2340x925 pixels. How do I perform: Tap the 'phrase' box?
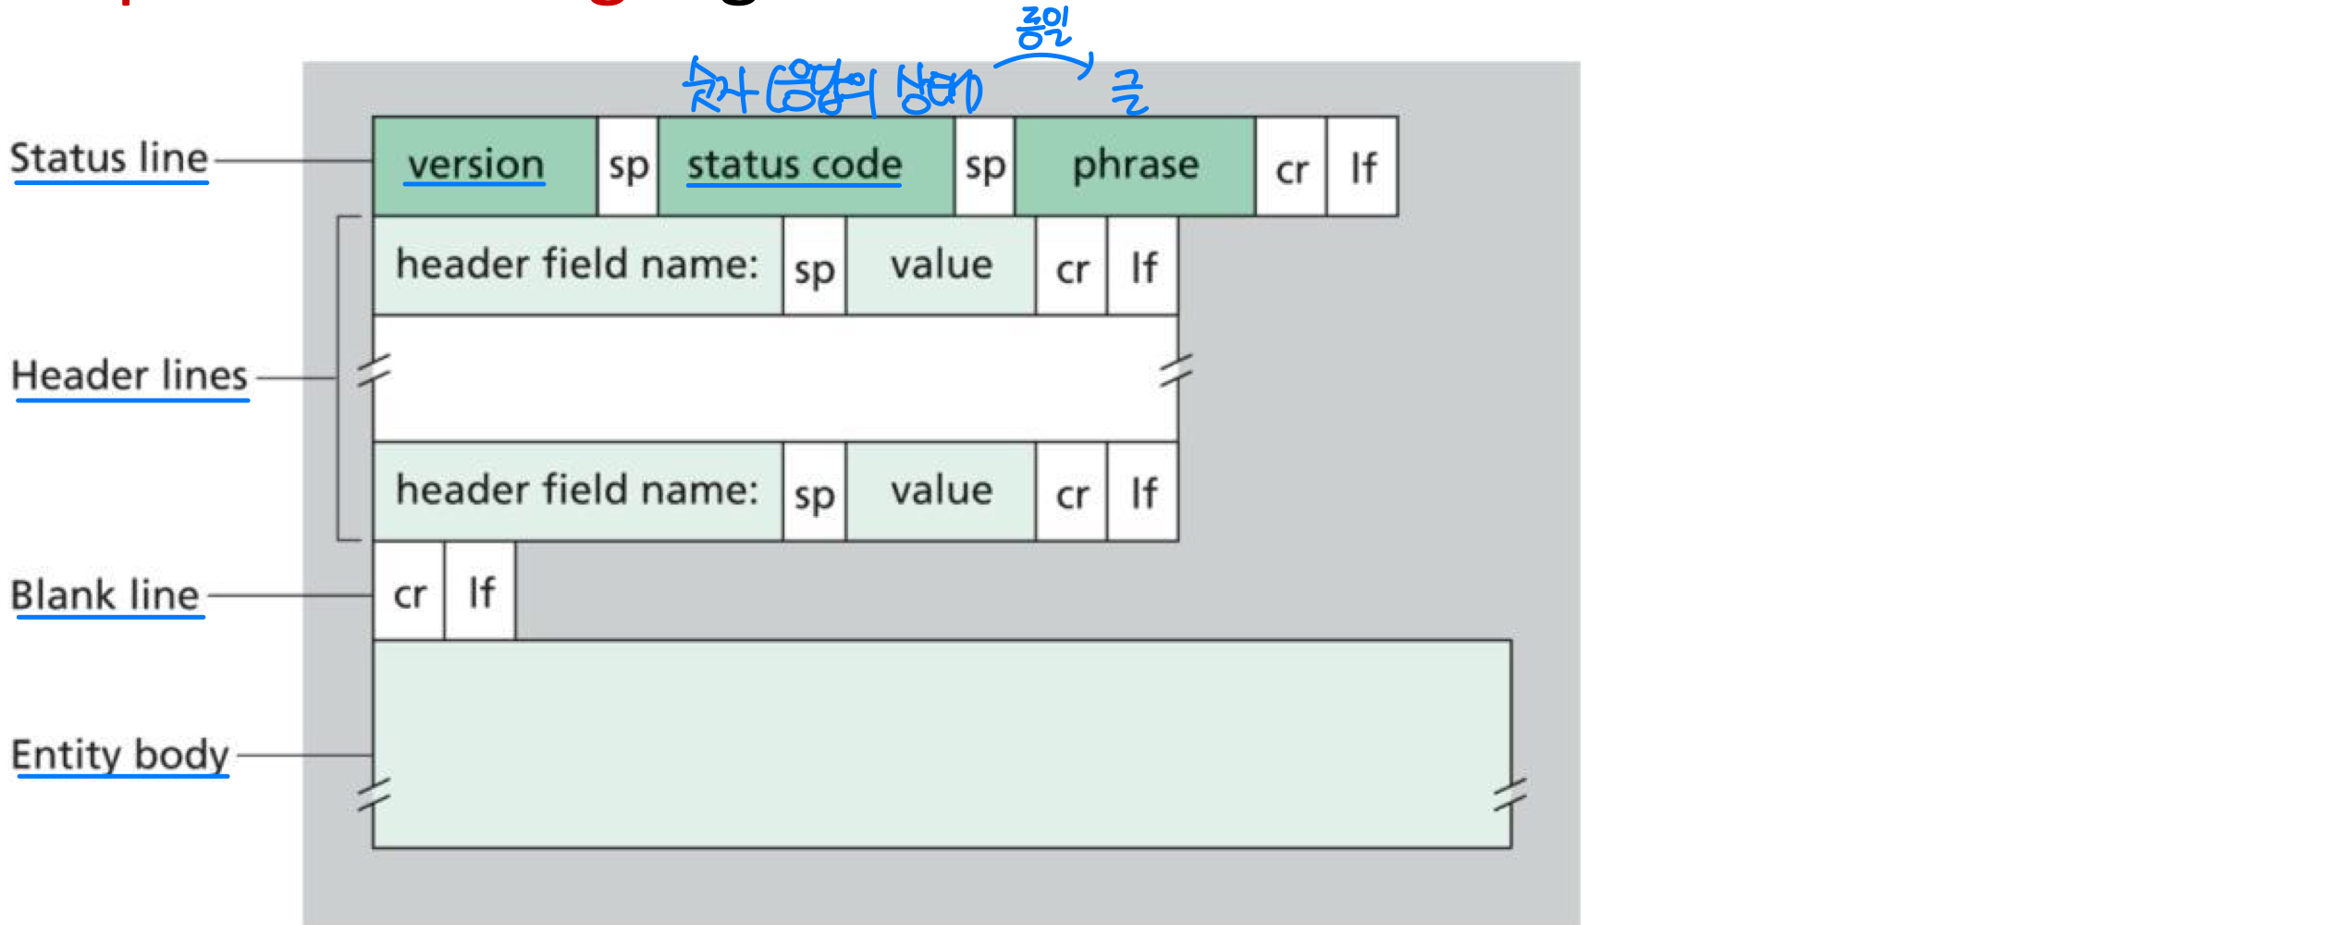[1135, 166]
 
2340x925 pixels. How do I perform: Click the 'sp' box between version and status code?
[628, 166]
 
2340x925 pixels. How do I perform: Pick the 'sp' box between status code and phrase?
[985, 166]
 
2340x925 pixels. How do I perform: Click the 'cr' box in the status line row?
[1291, 168]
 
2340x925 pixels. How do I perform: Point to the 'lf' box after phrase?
[1362, 168]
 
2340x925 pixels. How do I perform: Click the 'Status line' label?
[109, 158]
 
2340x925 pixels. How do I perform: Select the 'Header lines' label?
[129, 376]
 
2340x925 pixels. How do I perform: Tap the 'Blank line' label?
[105, 595]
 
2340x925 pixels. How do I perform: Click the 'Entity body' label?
[120, 755]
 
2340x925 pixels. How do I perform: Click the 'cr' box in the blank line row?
[409, 592]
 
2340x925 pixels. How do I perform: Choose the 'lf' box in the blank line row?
[481, 592]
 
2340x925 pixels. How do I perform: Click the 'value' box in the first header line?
[942, 266]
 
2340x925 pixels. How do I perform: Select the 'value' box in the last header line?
[942, 492]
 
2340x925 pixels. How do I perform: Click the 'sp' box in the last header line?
[814, 494]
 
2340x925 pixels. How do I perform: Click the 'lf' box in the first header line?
[1143, 268]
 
